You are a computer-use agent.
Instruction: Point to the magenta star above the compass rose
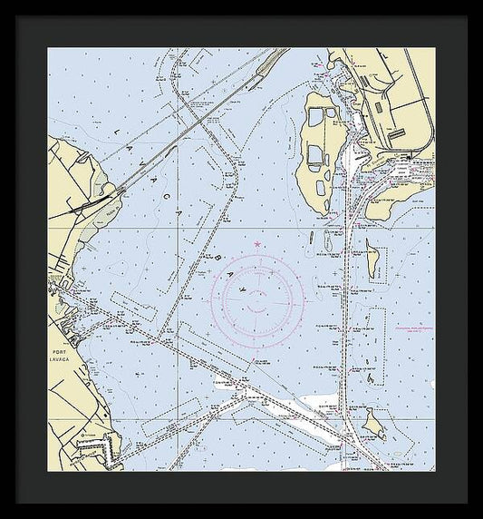[259, 245]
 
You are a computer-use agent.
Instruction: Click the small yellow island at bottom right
[372, 420]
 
